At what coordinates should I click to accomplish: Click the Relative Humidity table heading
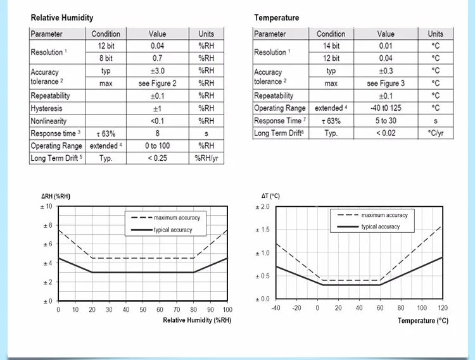62,18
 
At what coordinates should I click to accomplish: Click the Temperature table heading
277,18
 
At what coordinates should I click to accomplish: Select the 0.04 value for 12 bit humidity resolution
157,46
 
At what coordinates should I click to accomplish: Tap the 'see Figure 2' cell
157,84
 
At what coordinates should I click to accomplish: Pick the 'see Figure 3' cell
386,84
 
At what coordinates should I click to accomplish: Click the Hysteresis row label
46,108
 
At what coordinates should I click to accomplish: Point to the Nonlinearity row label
48,121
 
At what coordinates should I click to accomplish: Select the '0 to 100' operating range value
157,146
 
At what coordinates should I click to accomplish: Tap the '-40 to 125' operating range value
386,108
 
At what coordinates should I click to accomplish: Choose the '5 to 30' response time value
386,121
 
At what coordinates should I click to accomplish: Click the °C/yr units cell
436,133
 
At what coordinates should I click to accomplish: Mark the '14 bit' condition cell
331,46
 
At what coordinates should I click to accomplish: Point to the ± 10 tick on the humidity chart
47,207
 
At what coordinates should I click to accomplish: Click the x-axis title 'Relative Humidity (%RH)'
198,320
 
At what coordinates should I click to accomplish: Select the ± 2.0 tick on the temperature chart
262,207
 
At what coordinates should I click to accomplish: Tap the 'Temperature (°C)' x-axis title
422,321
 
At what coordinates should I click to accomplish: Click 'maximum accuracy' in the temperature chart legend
384,215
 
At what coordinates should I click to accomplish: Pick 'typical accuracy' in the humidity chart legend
173,230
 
